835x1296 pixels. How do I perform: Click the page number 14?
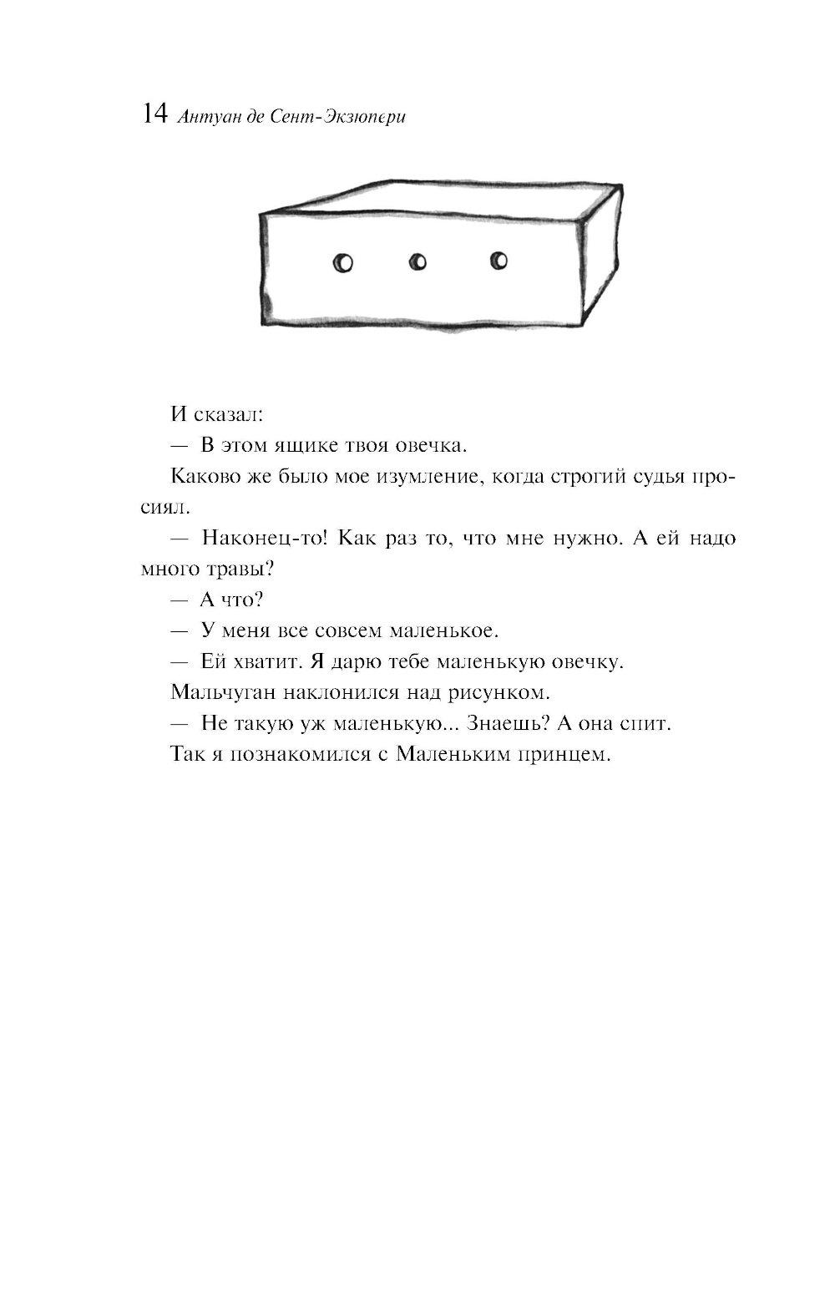click(x=155, y=114)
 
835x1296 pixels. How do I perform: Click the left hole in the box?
click(x=342, y=263)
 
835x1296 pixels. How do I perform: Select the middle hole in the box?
click(x=418, y=262)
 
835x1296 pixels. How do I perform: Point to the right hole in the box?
click(x=498, y=261)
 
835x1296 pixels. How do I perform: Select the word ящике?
click(x=296, y=445)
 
